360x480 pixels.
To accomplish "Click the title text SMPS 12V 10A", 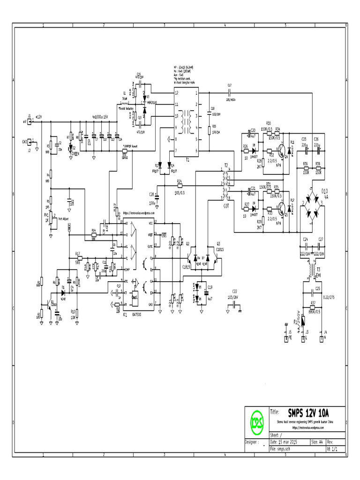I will pyautogui.click(x=308, y=413).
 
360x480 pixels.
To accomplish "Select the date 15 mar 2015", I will pyautogui.click(x=285, y=442).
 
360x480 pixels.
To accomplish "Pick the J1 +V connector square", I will pyautogui.click(x=30, y=122).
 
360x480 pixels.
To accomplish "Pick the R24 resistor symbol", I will pyautogui.click(x=180, y=187).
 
